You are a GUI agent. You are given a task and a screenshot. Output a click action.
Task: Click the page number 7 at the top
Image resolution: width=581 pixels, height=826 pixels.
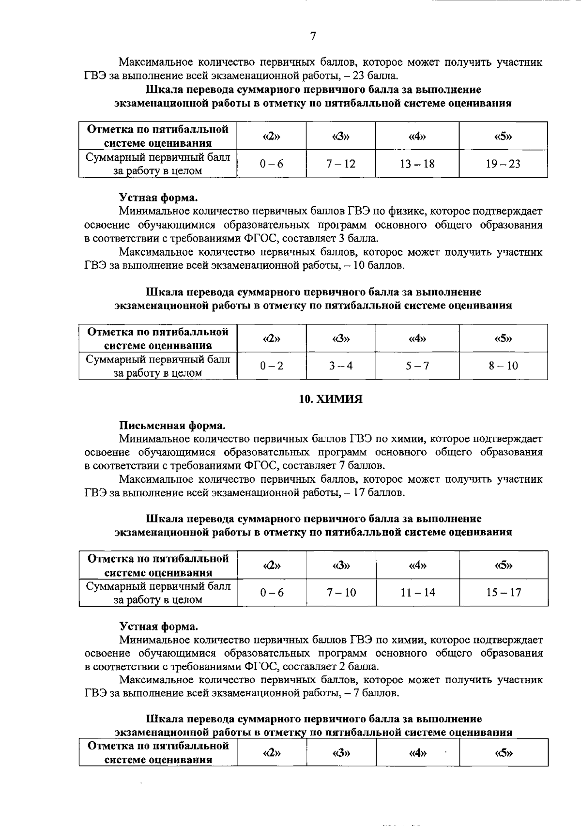tap(313, 36)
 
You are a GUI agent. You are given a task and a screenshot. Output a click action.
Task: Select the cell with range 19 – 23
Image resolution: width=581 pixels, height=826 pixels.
tap(503, 164)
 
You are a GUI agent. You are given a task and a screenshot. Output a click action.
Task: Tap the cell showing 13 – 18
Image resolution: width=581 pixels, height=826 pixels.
tap(417, 164)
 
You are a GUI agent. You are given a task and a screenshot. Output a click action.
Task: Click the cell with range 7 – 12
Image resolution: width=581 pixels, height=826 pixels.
tap(340, 164)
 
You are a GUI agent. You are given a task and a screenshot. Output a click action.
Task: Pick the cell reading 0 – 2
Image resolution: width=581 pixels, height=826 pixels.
tap(271, 366)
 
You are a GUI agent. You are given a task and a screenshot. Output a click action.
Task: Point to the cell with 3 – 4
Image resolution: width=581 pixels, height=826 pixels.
tap(340, 366)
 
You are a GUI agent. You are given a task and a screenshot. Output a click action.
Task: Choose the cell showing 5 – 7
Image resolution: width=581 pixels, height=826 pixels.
tap(417, 366)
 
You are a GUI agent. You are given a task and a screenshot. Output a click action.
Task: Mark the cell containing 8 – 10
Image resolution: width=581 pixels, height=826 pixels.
tap(503, 366)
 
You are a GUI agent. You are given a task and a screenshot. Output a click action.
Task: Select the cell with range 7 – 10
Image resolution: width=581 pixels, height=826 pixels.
tap(341, 592)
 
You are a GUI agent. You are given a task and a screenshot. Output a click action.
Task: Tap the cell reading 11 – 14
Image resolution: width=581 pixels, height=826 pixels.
tap(417, 592)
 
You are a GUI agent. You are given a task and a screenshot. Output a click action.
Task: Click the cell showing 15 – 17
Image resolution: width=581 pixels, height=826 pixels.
tap(504, 592)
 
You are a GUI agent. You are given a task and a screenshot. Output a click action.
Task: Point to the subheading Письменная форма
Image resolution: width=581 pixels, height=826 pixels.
tap(172, 426)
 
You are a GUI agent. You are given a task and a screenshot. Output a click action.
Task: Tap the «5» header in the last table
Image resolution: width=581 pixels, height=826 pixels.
tap(504, 753)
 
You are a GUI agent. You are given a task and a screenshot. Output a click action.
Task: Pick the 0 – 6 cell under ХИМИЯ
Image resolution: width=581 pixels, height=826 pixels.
tap(271, 592)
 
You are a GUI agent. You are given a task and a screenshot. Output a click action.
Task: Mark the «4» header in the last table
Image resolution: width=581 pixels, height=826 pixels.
tap(417, 753)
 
